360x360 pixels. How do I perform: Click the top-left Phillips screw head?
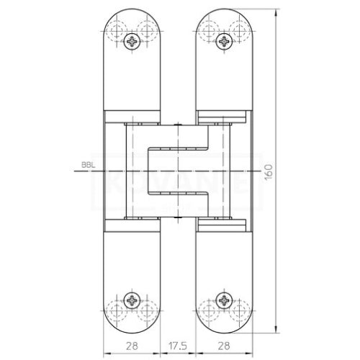132,42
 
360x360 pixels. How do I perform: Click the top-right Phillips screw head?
225,42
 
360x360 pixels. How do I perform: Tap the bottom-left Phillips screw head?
132,300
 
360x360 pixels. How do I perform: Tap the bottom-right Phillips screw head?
225,300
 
